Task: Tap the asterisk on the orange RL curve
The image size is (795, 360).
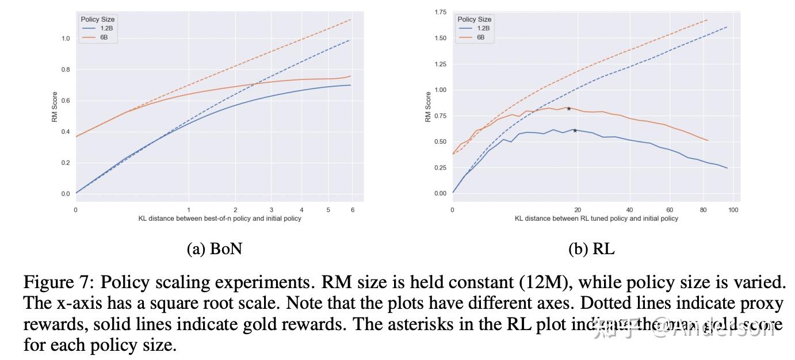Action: point(568,109)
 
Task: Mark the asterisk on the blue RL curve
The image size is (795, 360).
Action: point(575,131)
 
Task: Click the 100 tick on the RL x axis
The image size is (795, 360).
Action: point(733,210)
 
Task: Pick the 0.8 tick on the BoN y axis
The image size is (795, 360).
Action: point(65,70)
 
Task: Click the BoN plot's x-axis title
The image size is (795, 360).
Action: point(220,219)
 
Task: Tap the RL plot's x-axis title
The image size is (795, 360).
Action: point(597,219)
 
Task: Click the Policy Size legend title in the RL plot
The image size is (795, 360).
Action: point(475,19)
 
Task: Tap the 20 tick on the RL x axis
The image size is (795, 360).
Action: point(578,210)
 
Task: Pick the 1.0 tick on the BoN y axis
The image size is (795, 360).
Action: point(65,39)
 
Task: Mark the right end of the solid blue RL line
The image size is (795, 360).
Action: point(727,168)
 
